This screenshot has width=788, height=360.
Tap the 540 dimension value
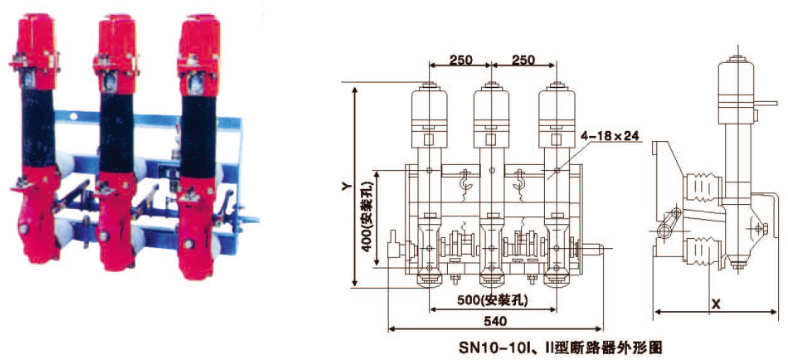click(x=495, y=321)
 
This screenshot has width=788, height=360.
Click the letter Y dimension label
click(x=345, y=187)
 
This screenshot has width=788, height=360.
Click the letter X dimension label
click(x=717, y=304)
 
